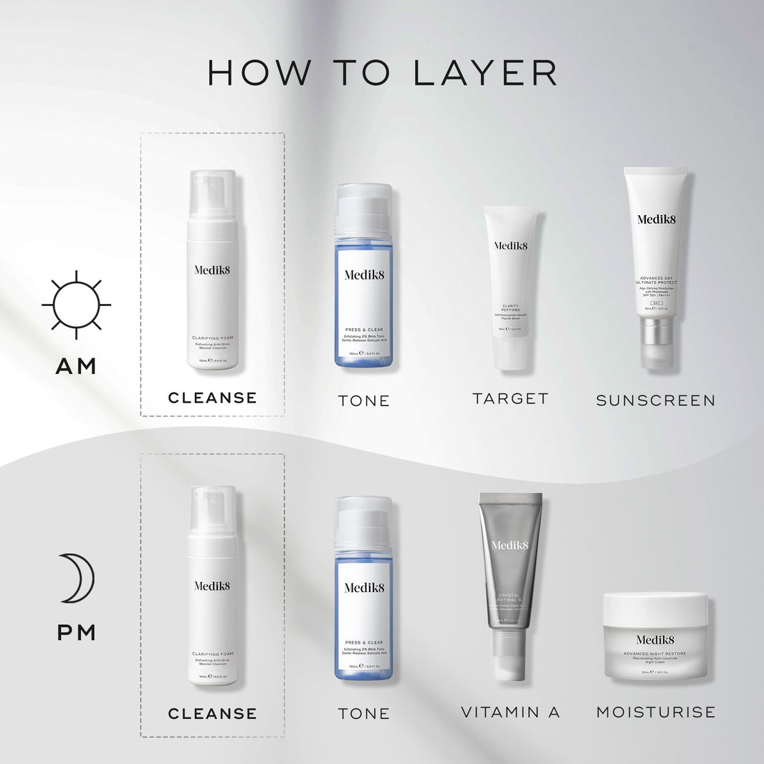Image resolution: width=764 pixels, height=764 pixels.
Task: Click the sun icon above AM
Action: [x=76, y=305]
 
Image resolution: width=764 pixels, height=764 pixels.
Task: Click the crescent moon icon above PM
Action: [x=77, y=578]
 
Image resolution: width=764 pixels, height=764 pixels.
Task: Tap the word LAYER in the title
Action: [x=484, y=73]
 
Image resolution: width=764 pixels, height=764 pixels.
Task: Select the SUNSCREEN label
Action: [x=656, y=400]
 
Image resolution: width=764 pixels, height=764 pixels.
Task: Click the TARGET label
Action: [x=510, y=398]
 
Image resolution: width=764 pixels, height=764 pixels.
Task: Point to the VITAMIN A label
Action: [x=510, y=712]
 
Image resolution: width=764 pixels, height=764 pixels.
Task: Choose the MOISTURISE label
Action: [x=656, y=712]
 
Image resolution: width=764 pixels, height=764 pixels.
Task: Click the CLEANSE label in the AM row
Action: [x=212, y=398]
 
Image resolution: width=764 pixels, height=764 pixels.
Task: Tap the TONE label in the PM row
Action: [x=364, y=714]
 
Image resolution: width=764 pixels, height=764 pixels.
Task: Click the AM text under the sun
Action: [x=76, y=366]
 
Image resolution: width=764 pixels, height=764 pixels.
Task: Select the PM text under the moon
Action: [x=76, y=633]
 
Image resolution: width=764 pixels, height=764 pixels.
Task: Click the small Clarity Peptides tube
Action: [x=510, y=287]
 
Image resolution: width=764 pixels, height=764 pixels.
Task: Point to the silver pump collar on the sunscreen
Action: [x=656, y=332]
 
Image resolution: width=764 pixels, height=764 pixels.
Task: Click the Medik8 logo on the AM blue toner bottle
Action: [x=364, y=274]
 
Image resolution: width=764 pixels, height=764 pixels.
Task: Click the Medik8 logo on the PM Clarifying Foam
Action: [x=212, y=586]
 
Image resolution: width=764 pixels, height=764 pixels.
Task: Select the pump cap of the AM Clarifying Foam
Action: [x=212, y=194]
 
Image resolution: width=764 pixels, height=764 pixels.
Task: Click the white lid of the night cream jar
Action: [x=655, y=608]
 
